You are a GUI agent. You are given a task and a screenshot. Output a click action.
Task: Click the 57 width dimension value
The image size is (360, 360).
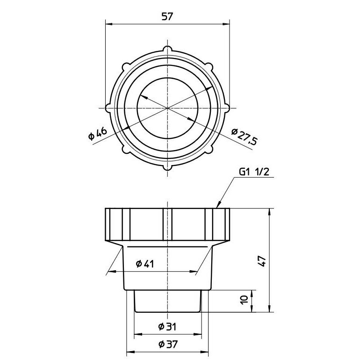pyautogui.click(x=167, y=16)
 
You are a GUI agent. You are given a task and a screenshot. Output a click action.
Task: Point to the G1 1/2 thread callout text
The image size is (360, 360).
pyautogui.click(x=254, y=172)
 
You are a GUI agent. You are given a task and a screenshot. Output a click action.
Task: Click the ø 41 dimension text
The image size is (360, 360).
pyautogui.click(x=144, y=264)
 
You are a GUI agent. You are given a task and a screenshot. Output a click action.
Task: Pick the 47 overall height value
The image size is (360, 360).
pyautogui.click(x=262, y=261)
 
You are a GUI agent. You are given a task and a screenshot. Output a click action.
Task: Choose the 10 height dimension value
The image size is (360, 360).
pyautogui.click(x=244, y=300)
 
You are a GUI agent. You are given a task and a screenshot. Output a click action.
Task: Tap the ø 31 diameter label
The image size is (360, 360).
pyautogui.click(x=167, y=326)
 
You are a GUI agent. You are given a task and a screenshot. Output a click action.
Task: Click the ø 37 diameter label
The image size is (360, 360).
pyautogui.click(x=168, y=344)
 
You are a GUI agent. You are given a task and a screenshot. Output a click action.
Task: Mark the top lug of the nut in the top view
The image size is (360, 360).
pyautogui.click(x=167, y=49)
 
